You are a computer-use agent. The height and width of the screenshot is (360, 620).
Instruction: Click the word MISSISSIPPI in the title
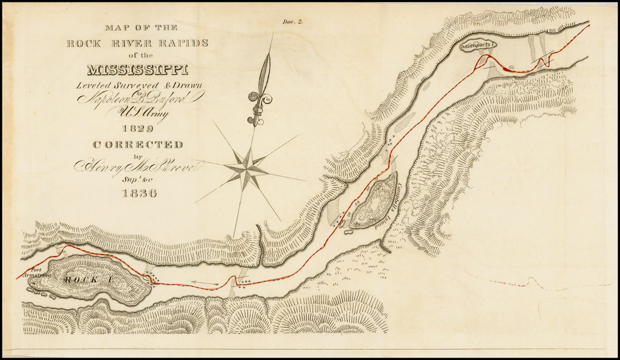[x=138, y=70]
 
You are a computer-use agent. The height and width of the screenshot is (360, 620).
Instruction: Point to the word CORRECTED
[x=138, y=145]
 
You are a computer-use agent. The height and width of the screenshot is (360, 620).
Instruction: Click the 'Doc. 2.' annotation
[x=292, y=22]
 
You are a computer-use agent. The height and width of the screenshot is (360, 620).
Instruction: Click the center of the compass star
[x=246, y=168]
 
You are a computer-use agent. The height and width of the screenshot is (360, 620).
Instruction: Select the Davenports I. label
[x=478, y=45]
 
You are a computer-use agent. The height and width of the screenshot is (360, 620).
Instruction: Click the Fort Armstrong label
[x=34, y=272]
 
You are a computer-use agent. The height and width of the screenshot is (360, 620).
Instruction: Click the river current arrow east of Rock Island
[x=205, y=282]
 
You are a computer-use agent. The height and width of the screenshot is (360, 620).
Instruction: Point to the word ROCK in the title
[x=84, y=43]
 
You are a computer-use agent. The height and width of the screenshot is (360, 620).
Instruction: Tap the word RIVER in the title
[x=129, y=43]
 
